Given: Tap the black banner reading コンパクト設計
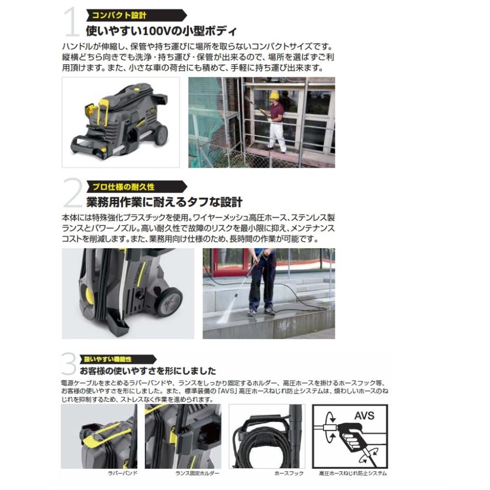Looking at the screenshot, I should pyautogui.click(x=128, y=15).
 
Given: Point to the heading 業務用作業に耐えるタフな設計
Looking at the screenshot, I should pyautogui.click(x=164, y=203).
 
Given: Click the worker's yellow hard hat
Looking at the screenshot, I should pyautogui.click(x=274, y=95).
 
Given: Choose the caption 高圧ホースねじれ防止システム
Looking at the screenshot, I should pyautogui.click(x=353, y=474).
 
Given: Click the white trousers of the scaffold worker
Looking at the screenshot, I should pyautogui.click(x=278, y=137).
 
